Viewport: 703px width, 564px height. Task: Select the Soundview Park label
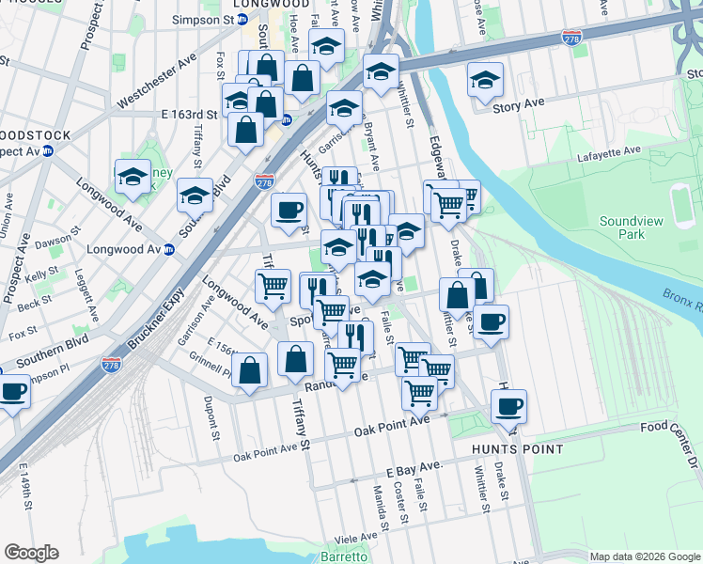(x=630, y=228)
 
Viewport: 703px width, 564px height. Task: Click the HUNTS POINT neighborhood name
(x=518, y=449)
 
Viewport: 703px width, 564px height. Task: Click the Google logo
(x=31, y=553)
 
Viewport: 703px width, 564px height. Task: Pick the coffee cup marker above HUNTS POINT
(x=508, y=407)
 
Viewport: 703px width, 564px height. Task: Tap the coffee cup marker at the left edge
(x=13, y=391)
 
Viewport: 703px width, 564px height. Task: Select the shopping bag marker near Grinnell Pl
(x=250, y=371)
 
